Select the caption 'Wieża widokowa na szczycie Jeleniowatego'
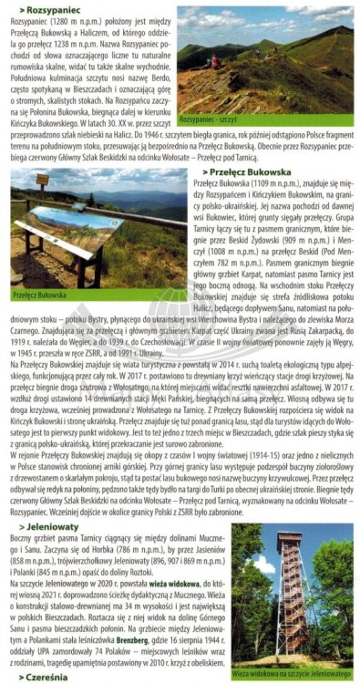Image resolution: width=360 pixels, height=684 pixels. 291,674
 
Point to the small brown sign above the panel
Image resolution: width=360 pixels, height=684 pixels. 42,180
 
